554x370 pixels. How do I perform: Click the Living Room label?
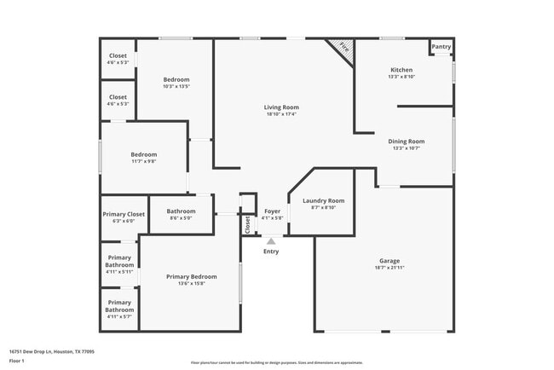point(281,107)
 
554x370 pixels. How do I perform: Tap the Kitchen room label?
point(401,70)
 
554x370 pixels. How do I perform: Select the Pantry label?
point(441,47)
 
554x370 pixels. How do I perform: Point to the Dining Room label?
point(407,142)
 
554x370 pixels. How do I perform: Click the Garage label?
point(389,261)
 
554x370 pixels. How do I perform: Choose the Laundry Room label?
point(324,200)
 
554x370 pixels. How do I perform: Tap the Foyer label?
point(273,211)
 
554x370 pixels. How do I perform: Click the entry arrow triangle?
point(271,241)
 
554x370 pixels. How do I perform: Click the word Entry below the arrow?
point(271,251)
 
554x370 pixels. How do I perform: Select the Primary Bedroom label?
point(191,276)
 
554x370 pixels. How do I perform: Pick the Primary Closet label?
point(124,214)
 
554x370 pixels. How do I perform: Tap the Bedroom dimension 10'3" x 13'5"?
point(176,86)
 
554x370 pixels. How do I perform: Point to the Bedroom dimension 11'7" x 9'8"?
point(143,161)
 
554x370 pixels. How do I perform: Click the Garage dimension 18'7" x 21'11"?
point(389,268)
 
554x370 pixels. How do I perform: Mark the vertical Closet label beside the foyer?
point(248,224)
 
